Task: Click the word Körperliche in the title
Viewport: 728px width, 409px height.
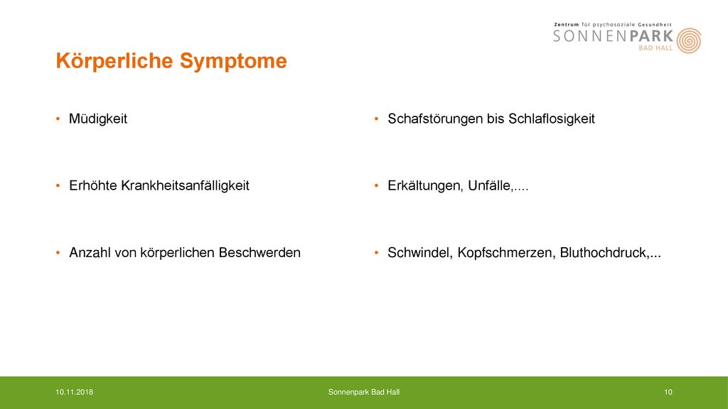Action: (114, 61)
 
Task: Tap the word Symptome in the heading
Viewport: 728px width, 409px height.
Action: (233, 62)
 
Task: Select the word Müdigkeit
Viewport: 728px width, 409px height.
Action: (98, 119)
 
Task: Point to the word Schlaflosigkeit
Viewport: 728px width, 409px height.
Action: (552, 119)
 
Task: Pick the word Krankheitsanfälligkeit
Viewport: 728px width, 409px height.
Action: (186, 186)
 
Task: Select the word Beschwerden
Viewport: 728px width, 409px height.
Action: (259, 253)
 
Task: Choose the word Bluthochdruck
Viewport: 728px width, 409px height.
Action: (604, 253)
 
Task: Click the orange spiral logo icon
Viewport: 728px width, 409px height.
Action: (688, 40)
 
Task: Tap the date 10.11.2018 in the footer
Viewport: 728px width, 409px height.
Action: (74, 392)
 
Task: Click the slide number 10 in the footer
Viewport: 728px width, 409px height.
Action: (668, 392)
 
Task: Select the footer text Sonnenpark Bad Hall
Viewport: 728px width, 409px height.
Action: (364, 392)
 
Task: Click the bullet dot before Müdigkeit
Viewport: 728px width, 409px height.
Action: (58, 119)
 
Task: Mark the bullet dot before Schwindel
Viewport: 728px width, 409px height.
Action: (377, 253)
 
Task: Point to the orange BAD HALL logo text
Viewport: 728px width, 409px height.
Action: (655, 48)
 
